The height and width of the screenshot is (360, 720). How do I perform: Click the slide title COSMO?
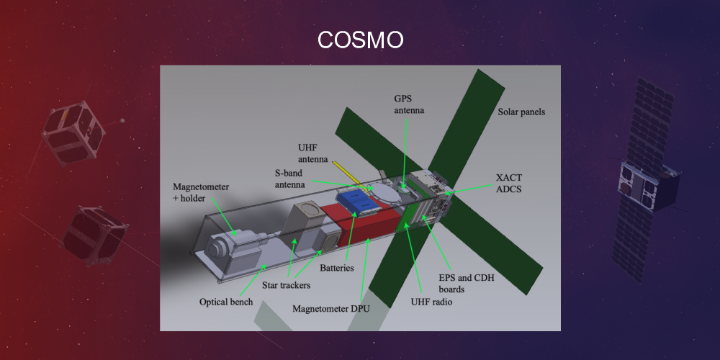[x=360, y=40]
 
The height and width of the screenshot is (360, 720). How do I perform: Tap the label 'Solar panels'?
[x=521, y=112]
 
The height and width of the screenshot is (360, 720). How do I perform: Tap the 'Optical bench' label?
[x=226, y=302]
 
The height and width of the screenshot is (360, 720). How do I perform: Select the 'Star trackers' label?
[x=287, y=286]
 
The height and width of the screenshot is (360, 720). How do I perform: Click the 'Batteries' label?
[x=338, y=269]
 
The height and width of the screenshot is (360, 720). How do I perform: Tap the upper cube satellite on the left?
[x=73, y=134]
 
